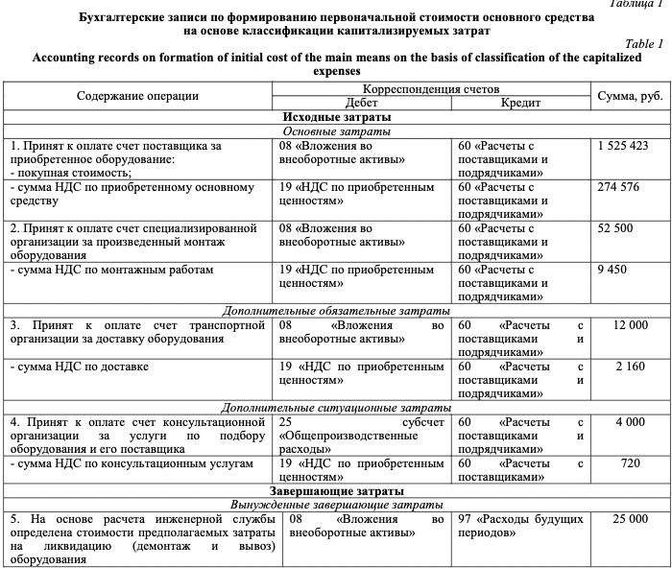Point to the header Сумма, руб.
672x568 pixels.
629,95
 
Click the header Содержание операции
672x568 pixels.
137,95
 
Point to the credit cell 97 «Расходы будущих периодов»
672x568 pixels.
521,525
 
